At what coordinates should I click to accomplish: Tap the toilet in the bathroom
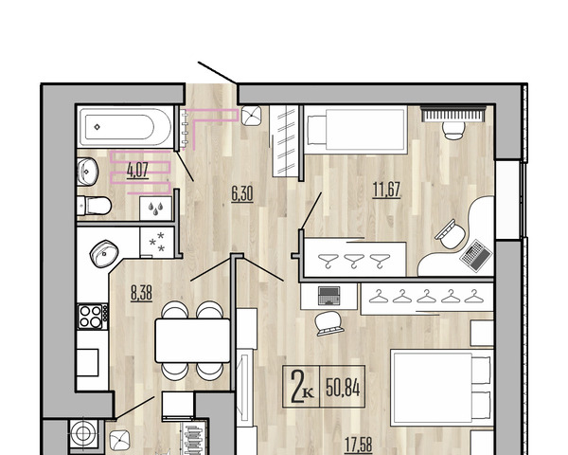click(x=94, y=206)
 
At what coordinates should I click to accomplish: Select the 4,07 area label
click(x=137, y=171)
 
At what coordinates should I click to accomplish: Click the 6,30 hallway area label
click(x=242, y=194)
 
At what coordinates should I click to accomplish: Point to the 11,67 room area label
click(x=386, y=190)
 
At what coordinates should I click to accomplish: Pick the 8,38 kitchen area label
click(x=141, y=293)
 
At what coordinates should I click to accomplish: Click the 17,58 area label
click(x=358, y=445)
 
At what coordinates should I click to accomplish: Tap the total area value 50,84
click(x=343, y=388)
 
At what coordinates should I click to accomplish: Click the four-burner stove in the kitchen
click(x=93, y=317)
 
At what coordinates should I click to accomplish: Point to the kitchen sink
click(x=104, y=253)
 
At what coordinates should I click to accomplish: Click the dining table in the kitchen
click(x=193, y=340)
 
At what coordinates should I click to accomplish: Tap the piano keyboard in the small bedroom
click(x=453, y=114)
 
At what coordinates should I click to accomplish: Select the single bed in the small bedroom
click(x=356, y=130)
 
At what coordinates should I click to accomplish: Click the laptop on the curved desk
click(x=476, y=255)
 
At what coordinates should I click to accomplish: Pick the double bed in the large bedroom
click(x=442, y=387)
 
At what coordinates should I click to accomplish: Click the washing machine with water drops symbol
click(x=155, y=209)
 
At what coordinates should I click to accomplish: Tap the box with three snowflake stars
click(x=157, y=242)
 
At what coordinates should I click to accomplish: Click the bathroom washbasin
click(x=88, y=172)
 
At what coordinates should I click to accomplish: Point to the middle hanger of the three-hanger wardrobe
click(x=354, y=261)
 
